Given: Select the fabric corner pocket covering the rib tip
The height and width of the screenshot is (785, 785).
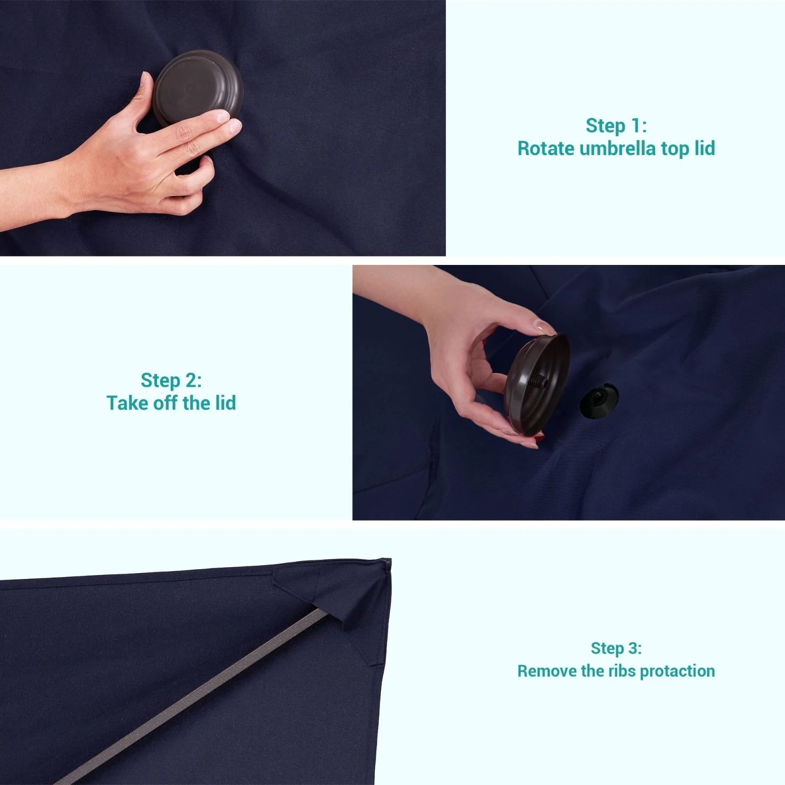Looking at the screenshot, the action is pos(339,603).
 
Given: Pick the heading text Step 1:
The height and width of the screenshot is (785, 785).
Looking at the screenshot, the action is pos(616,126).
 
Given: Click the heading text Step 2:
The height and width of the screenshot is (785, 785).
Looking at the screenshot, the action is pos(171,380).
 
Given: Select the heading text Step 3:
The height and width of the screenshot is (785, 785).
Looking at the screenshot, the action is pos(616,648).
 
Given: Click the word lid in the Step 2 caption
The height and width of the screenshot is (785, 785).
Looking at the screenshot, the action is pos(225,403).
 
